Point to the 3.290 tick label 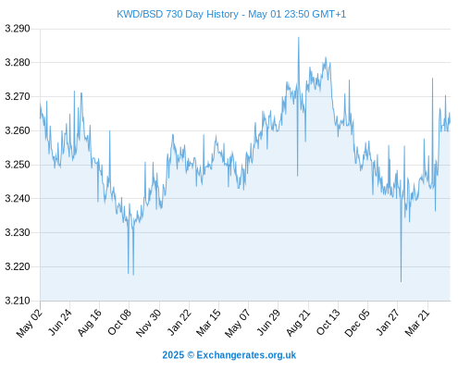click(18, 29)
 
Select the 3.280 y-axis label click(18, 63)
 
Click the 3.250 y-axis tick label click(18, 165)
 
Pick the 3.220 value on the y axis click(18, 266)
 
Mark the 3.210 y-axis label click(18, 301)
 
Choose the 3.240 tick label click(18, 199)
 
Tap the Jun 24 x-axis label click(60, 322)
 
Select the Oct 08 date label click(119, 322)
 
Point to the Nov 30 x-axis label click(149, 323)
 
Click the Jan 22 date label click(179, 322)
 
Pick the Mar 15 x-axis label click(209, 322)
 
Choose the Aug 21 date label click(298, 323)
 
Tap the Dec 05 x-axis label click(357, 323)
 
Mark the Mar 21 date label click(417, 323)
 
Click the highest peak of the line click(299, 37)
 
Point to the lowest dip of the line click(401, 281)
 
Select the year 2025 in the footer click(173, 355)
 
